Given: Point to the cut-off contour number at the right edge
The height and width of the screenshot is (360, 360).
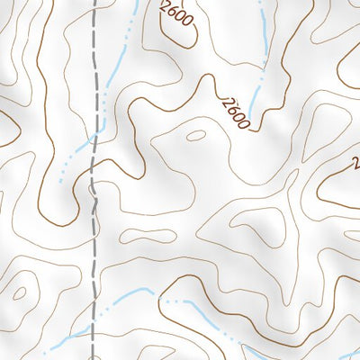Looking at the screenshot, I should click(x=355, y=163).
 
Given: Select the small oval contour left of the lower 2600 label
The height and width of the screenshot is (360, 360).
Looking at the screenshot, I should click(x=195, y=137).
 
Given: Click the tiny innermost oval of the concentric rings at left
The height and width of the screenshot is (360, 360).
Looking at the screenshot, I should click(x=19, y=293).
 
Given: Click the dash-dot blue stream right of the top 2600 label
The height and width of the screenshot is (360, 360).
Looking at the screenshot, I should click(x=262, y=27).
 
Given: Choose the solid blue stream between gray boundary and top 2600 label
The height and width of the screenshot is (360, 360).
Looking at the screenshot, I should click(x=121, y=54).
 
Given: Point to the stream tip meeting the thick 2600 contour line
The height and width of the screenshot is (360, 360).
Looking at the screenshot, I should click(x=248, y=121).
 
